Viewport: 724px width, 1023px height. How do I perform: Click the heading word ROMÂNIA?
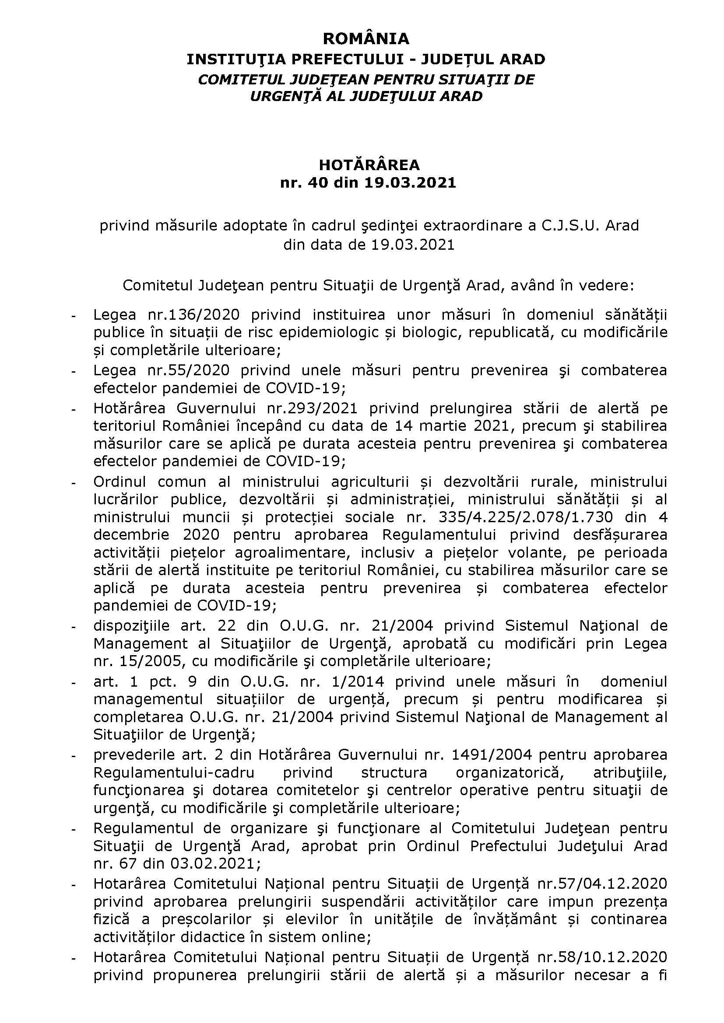coord(366,39)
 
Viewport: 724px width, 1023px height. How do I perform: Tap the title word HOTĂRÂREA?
coord(369,165)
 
